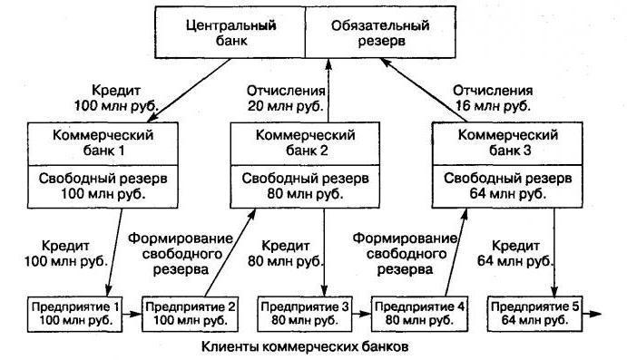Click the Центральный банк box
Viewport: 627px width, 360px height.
coord(230,32)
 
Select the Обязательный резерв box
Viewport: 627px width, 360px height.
coord(385,32)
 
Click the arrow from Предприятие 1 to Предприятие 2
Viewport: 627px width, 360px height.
coord(131,314)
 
